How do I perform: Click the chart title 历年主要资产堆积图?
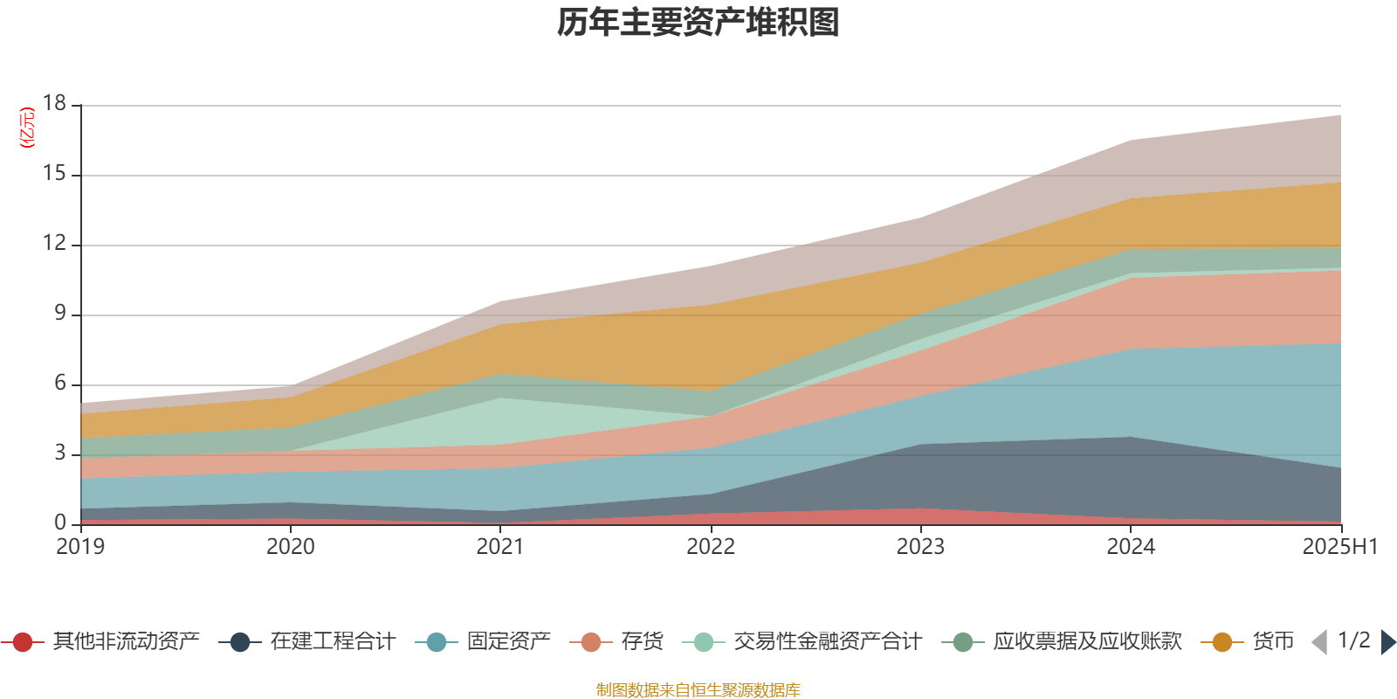pos(698,23)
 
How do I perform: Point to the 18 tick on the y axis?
pos(55,103)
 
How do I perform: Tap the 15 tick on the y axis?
pos(55,174)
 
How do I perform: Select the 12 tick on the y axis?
pos(55,244)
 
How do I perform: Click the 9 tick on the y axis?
pos(60,313)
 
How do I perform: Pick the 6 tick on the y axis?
pos(60,383)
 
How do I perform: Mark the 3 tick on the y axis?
pos(60,453)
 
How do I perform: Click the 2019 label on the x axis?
pos(80,547)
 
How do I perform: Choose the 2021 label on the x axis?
pos(500,547)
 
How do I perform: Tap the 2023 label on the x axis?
pos(920,547)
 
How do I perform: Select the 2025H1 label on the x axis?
pos(1339,547)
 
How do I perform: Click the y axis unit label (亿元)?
pos(27,128)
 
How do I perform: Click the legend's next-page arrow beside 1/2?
pos(1387,642)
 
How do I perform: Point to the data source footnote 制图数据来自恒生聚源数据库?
pos(698,690)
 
